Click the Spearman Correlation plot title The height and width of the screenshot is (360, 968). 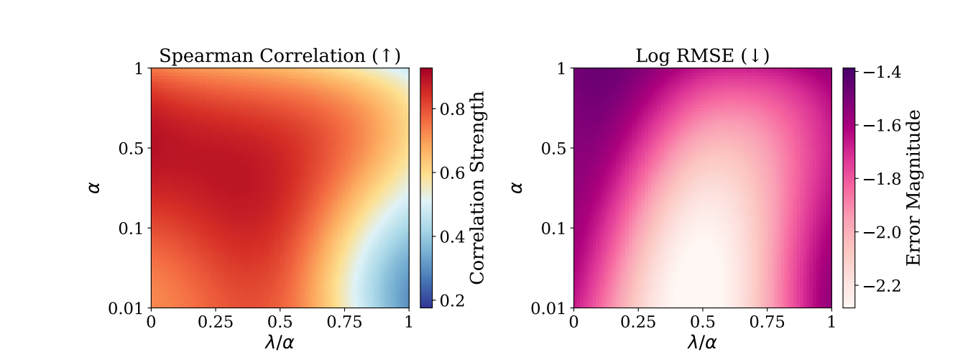pyautogui.click(x=280, y=57)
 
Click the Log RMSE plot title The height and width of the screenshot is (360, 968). pyautogui.click(x=702, y=57)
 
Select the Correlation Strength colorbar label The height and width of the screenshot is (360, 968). pyautogui.click(x=476, y=188)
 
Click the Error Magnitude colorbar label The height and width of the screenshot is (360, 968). pyautogui.click(x=913, y=188)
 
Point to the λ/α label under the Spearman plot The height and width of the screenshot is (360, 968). pyautogui.click(x=280, y=343)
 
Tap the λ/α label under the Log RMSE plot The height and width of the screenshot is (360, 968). pyautogui.click(x=702, y=343)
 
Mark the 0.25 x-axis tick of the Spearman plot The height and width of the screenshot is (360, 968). pyautogui.click(x=215, y=321)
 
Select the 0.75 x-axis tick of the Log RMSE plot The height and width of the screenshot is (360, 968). pyautogui.click(x=767, y=321)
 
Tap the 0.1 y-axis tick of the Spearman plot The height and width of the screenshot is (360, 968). pyautogui.click(x=134, y=228)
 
